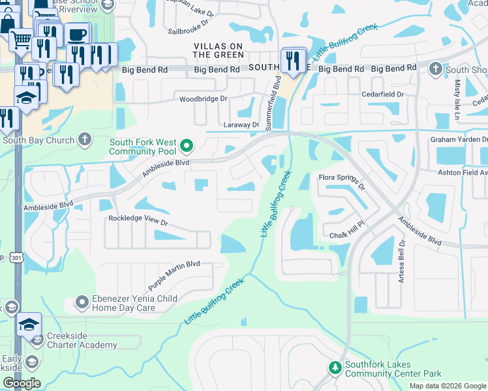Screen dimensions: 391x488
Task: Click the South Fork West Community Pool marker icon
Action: coord(187,145)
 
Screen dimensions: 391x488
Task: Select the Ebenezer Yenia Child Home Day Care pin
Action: coord(82,302)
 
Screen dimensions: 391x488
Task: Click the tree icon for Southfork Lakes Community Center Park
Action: coord(335,369)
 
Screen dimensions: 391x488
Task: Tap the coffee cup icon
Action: coord(77,35)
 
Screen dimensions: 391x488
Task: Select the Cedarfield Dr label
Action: coord(383,94)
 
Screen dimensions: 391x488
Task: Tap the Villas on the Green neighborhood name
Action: coord(218,50)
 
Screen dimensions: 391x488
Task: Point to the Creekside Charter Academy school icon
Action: coord(37,340)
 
